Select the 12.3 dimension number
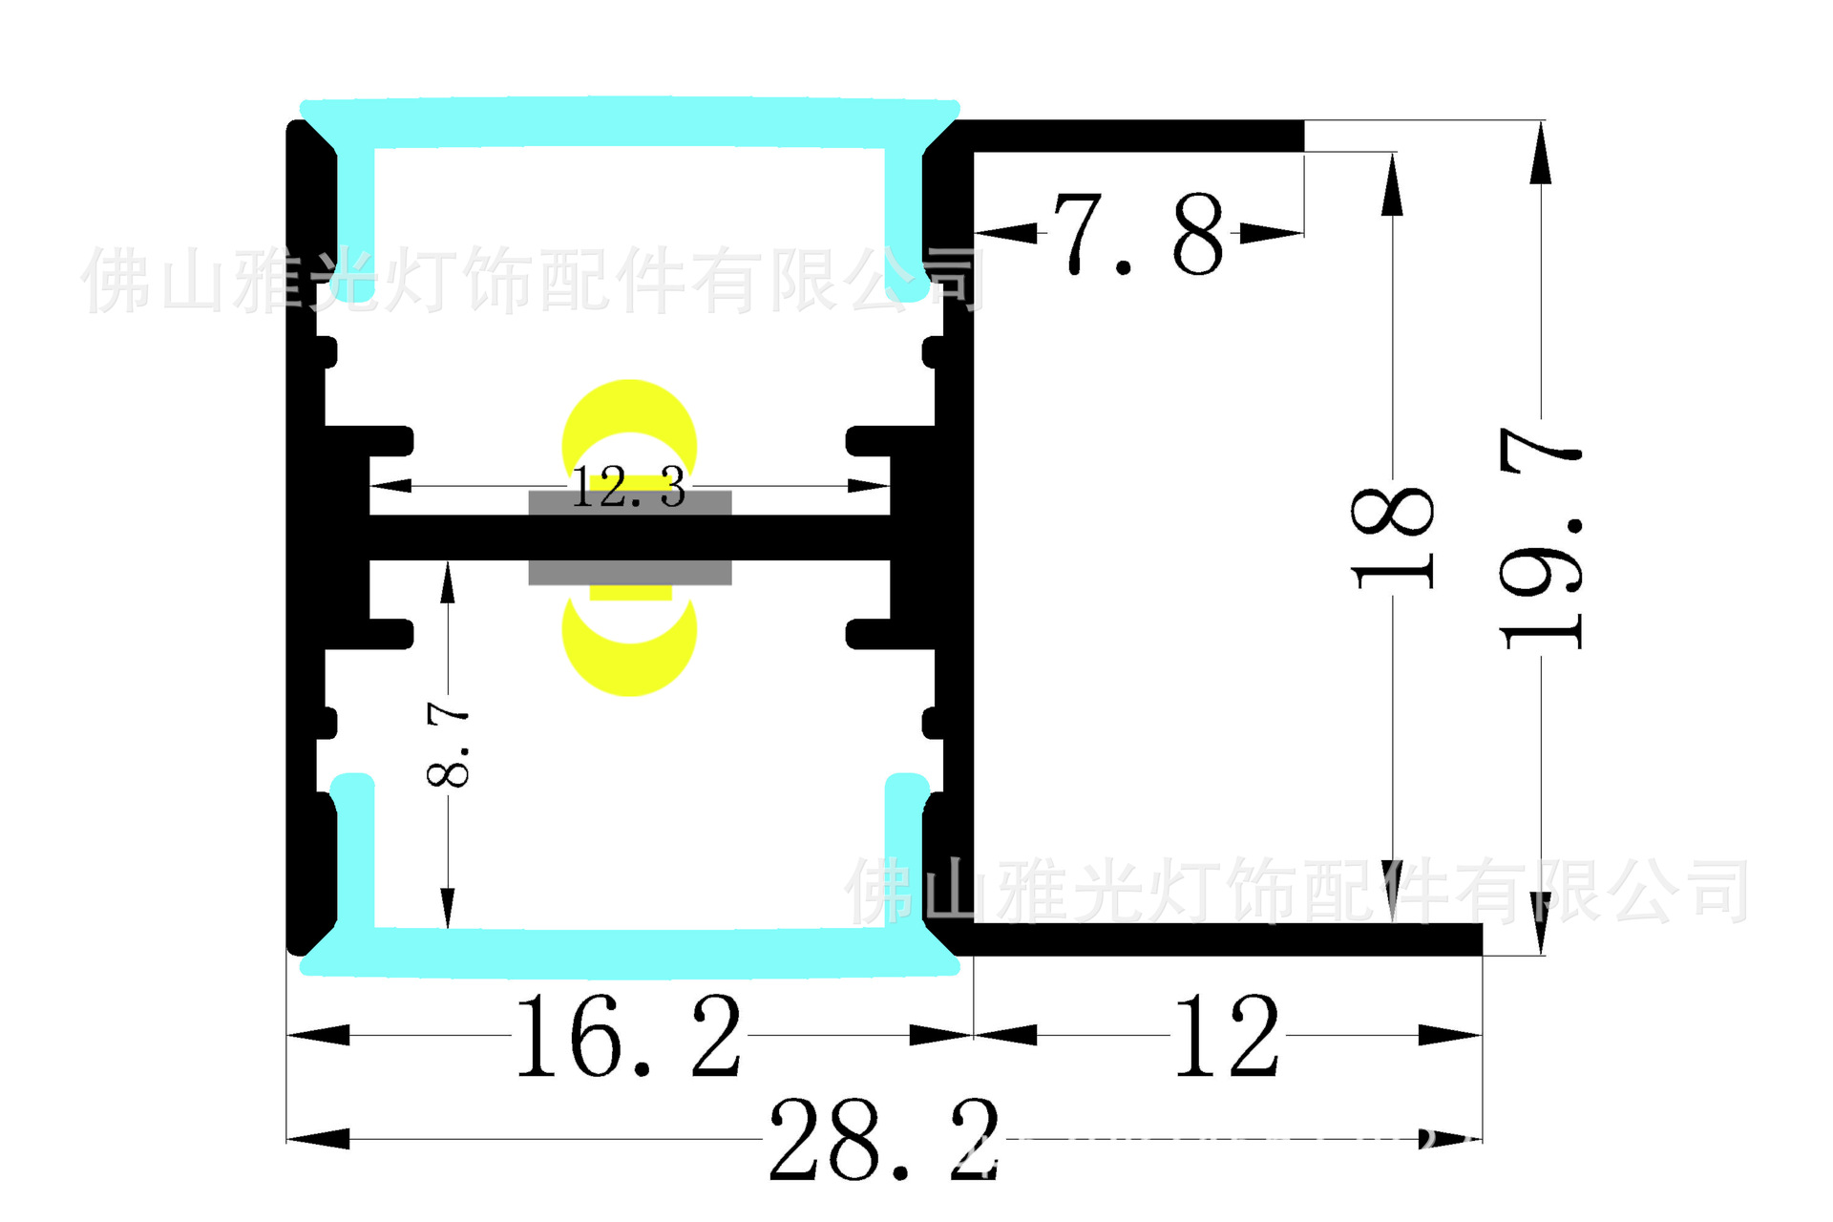628,488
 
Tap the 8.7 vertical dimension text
448,744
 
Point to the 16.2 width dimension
628,1037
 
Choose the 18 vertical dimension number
1393,537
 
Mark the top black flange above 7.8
1136,136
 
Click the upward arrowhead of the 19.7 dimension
1540,153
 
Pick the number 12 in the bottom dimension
1227,1037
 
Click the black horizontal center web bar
629,537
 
